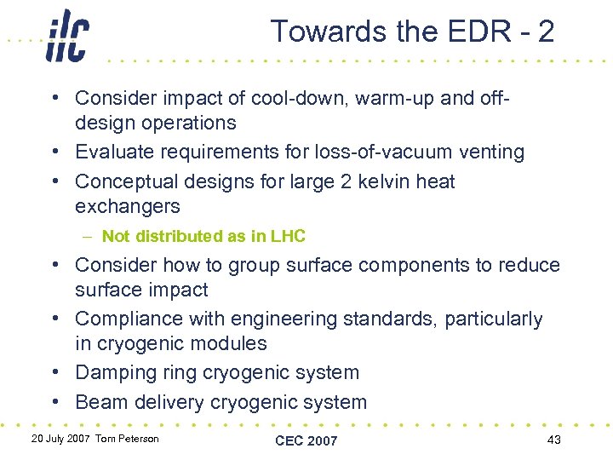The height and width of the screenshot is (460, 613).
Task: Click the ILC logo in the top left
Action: click(x=67, y=36)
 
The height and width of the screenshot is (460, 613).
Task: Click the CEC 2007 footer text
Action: click(x=306, y=440)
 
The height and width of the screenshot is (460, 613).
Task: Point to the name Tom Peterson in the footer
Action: click(x=127, y=439)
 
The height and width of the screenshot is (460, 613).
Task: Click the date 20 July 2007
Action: click(x=60, y=439)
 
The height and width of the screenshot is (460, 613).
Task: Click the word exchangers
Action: click(x=128, y=206)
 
